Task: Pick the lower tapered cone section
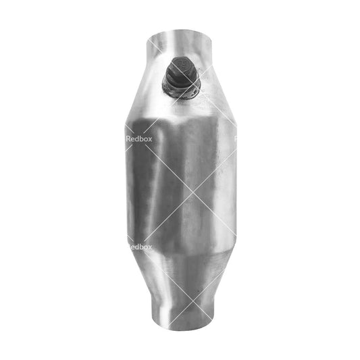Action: pyautogui.click(x=180, y=274)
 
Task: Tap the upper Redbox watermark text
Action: pyautogui.click(x=140, y=140)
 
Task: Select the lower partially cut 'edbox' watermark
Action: pyautogui.click(x=140, y=247)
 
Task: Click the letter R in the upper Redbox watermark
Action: pyautogui.click(x=130, y=140)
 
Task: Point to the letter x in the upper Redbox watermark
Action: pyautogui.click(x=150, y=140)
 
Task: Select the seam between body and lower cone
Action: pyautogui.click(x=180, y=250)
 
